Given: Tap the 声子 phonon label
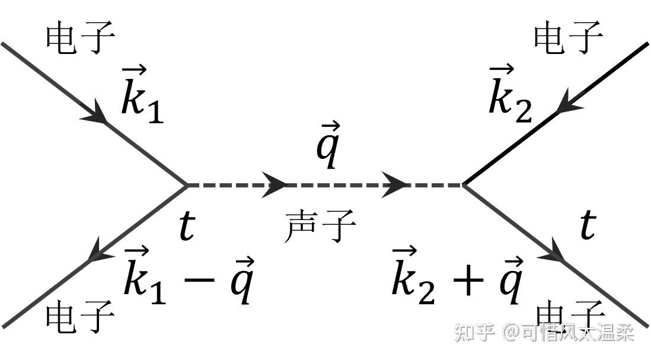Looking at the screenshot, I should [x=320, y=227].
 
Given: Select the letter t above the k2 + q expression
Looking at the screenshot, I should [x=586, y=225].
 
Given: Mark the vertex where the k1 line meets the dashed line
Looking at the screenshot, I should [x=187, y=185].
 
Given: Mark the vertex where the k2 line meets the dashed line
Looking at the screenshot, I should [x=463, y=185].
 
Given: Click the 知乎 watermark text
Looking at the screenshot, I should [x=474, y=332].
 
